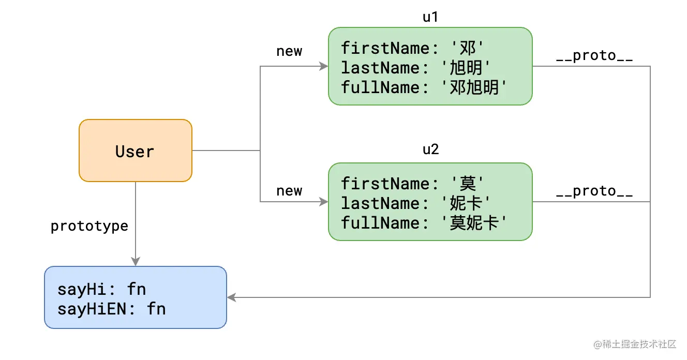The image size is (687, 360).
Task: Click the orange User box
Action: coord(135,151)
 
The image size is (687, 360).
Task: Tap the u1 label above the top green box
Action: coord(430,17)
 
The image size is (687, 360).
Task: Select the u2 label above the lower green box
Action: coord(430,150)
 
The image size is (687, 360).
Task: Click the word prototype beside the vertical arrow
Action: coord(89,227)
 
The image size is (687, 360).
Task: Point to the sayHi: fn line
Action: coord(105,289)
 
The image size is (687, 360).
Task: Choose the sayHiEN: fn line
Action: coord(111,309)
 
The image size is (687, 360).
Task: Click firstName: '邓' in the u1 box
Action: coord(412,48)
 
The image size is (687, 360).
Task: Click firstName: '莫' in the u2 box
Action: coord(412,184)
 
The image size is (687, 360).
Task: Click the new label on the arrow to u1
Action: coord(289,51)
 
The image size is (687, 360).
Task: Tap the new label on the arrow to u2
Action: coord(289,191)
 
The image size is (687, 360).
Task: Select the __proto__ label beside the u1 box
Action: coord(594,56)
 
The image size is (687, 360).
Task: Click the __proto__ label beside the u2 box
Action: coord(594,191)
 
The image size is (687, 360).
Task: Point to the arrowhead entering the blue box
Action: coord(232,297)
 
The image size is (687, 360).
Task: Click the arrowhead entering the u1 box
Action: coord(324,66)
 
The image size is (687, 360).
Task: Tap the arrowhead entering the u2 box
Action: coord(324,202)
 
